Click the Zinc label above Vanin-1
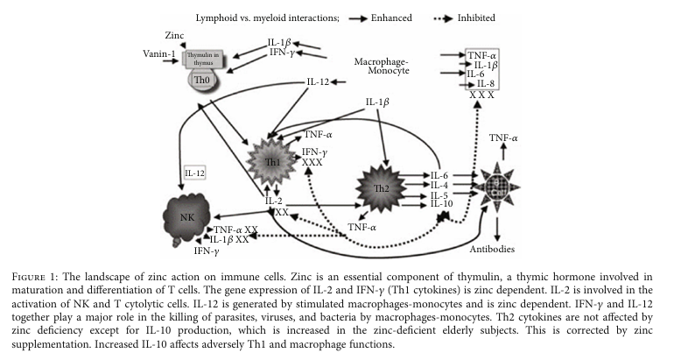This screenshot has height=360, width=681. click(176, 34)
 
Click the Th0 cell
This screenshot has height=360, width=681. click(200, 78)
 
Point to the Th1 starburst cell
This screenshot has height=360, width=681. click(275, 162)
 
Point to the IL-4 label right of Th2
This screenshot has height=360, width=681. click(439, 184)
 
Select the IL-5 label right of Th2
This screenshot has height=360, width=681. click(439, 195)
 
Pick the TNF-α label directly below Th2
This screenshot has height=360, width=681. click(362, 227)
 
